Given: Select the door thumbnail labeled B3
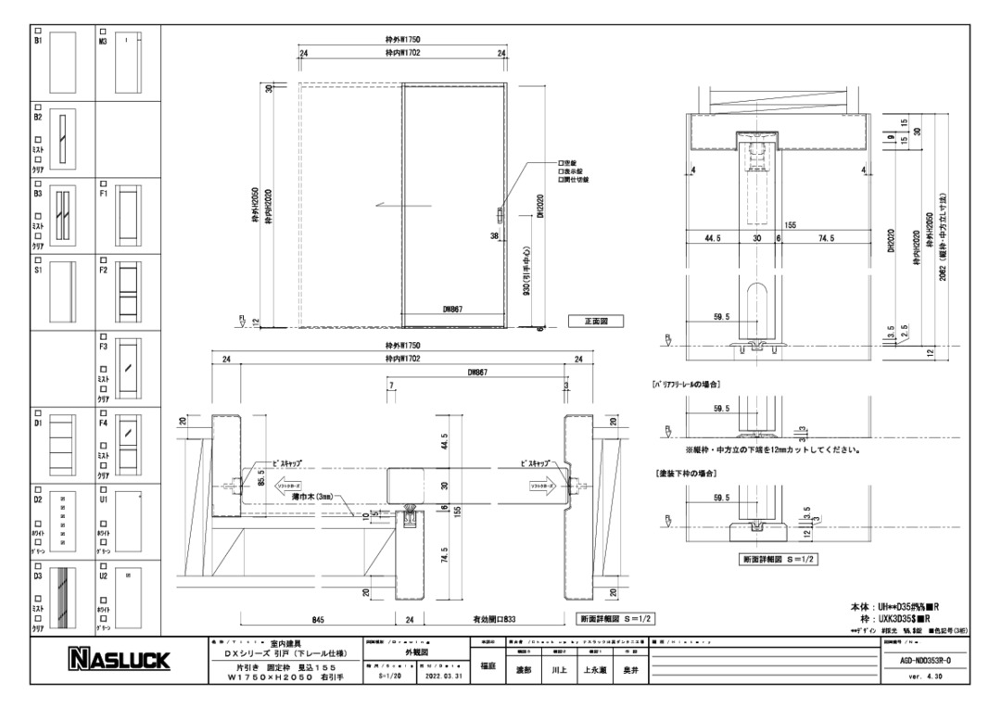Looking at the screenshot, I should coord(61,215).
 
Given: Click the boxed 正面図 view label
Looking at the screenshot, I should coord(594,322).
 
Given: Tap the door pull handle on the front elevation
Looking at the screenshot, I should coord(500,216).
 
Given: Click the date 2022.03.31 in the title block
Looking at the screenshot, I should coord(444,676).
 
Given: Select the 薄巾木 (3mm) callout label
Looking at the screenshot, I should coord(308,497).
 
